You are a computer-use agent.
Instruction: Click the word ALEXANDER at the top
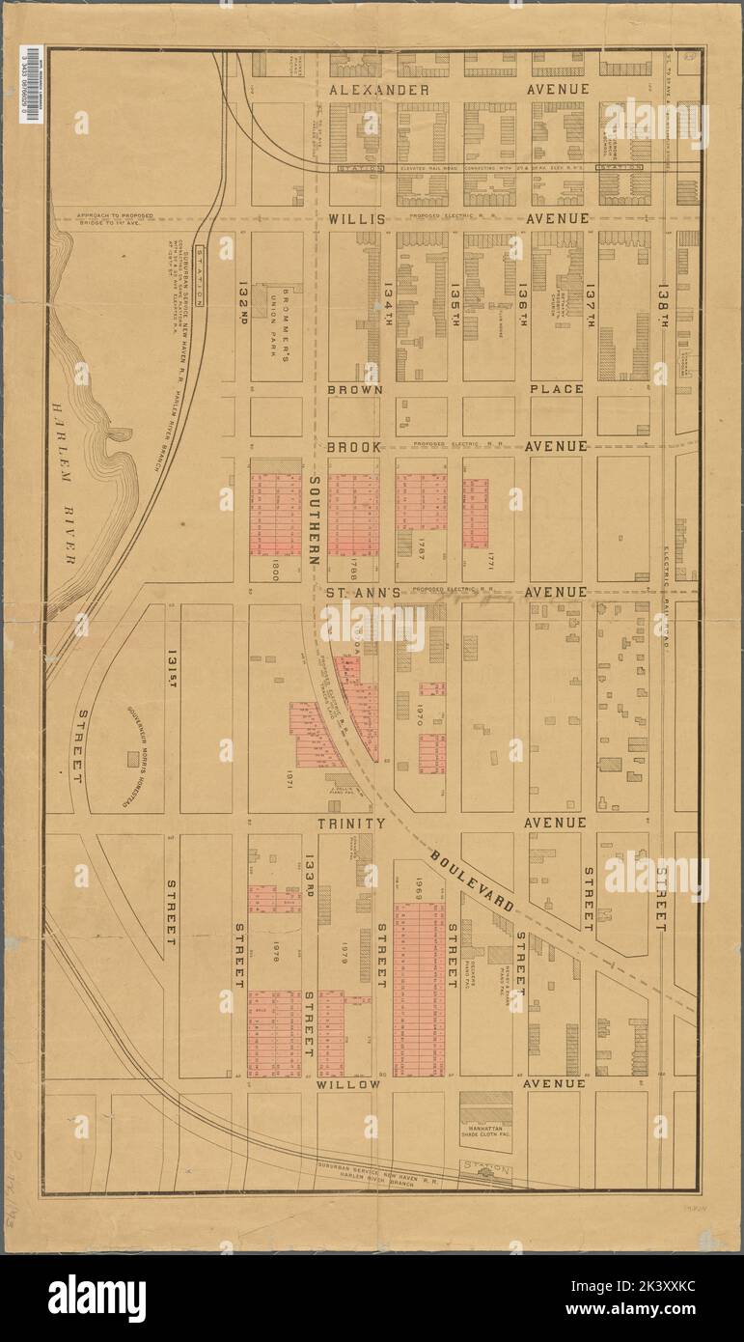pyautogui.click(x=380, y=89)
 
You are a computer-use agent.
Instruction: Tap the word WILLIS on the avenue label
pyautogui.click(x=357, y=219)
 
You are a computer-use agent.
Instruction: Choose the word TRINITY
pyautogui.click(x=352, y=823)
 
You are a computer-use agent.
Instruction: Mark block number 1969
pyautogui.click(x=420, y=887)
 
